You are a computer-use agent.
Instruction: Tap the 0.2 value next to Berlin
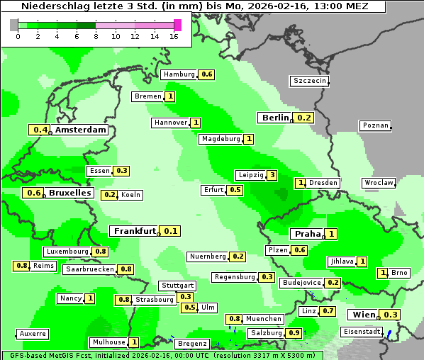point(304,118)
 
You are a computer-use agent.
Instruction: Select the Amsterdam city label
point(81,130)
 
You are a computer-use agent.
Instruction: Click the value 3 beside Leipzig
point(272,175)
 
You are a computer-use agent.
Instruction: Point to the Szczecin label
point(310,81)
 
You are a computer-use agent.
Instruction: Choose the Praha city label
point(308,234)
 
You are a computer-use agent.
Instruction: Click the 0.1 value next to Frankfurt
point(170,231)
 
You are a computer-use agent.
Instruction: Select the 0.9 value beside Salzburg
point(294,333)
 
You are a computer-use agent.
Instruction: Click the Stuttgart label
point(177,286)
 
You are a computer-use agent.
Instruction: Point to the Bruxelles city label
point(69,193)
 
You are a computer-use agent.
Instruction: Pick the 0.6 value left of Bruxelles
point(33,193)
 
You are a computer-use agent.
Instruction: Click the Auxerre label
point(33,334)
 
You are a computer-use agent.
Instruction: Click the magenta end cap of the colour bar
point(177,25)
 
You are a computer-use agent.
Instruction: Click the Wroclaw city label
point(379,183)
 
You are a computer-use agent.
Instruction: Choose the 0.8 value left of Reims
point(21,266)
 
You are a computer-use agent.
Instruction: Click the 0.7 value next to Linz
point(328,311)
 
